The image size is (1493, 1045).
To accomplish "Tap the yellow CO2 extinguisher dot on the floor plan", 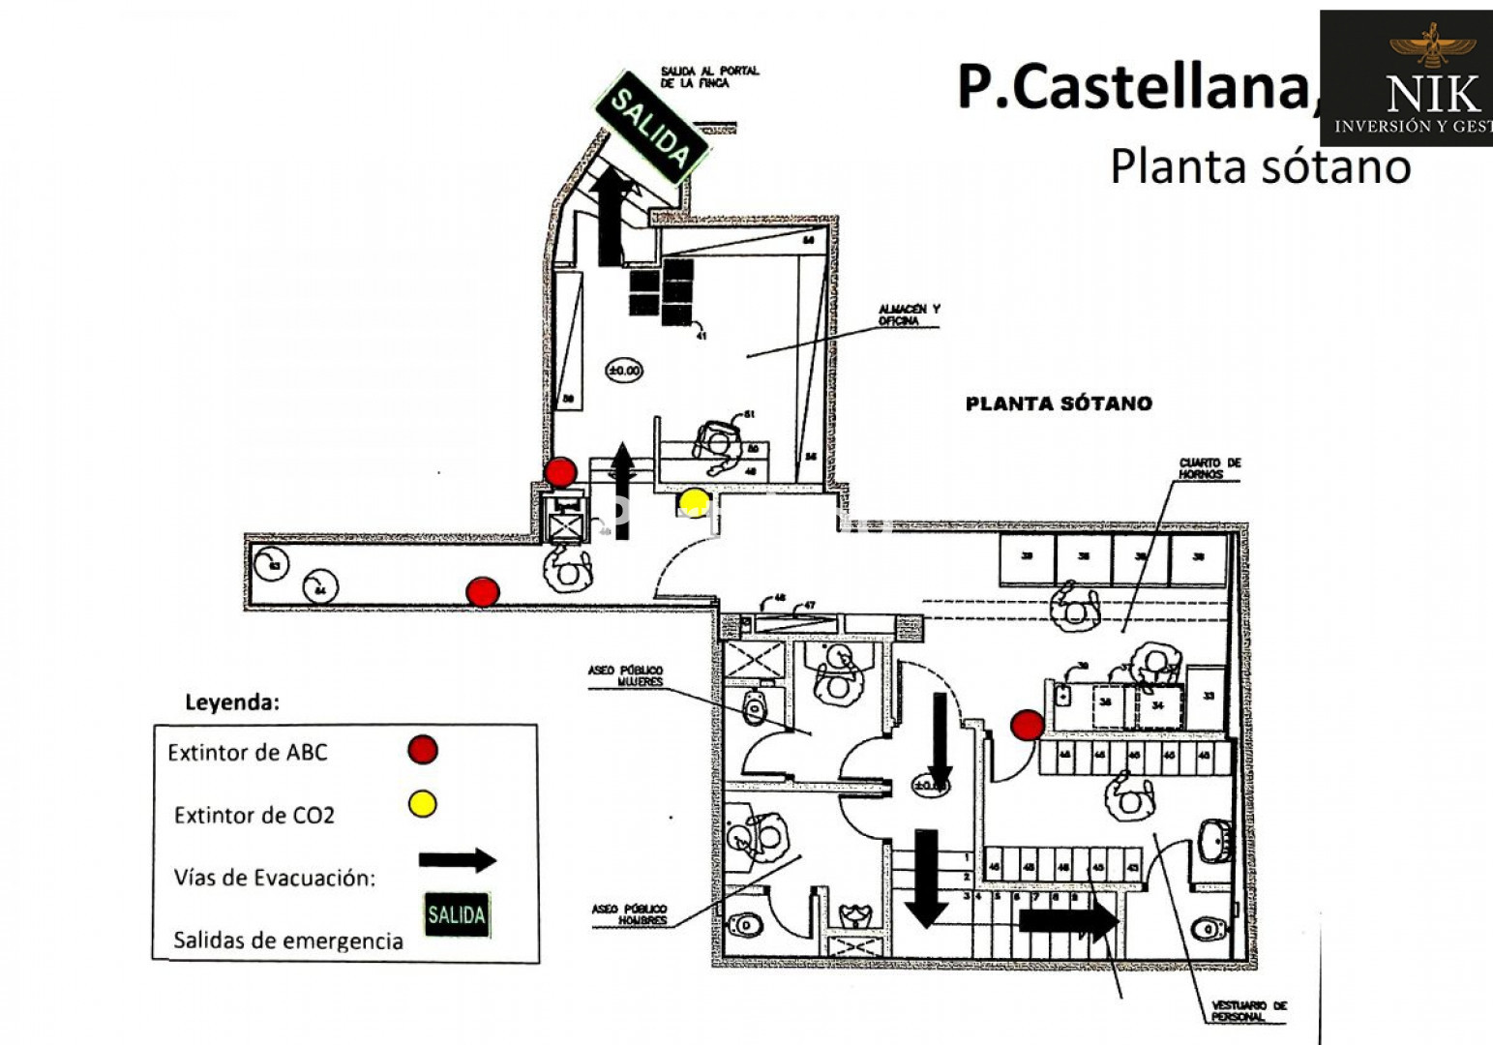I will point(694,502).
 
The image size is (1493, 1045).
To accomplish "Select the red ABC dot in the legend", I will point(423,749).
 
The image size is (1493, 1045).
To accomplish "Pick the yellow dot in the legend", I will point(423,804).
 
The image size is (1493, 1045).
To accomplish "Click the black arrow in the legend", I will point(458,860).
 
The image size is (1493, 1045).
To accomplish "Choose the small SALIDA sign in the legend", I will point(457,914).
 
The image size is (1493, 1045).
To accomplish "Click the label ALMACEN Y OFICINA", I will point(909,315).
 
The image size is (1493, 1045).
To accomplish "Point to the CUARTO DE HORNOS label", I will point(1209,468).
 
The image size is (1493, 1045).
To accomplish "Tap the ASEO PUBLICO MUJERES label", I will point(626,675).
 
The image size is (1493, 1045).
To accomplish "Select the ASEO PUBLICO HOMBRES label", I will point(630,914).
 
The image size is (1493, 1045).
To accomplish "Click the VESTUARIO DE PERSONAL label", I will point(1249,1011).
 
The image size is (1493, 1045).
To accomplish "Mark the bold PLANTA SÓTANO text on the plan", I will point(1059,403).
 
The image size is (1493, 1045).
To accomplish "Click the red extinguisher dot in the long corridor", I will point(483,591).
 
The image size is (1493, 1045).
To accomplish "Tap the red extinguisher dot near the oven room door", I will point(1027,724).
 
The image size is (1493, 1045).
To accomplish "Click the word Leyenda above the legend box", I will point(231,702).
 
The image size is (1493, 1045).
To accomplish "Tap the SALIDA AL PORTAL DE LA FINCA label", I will point(709,77).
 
